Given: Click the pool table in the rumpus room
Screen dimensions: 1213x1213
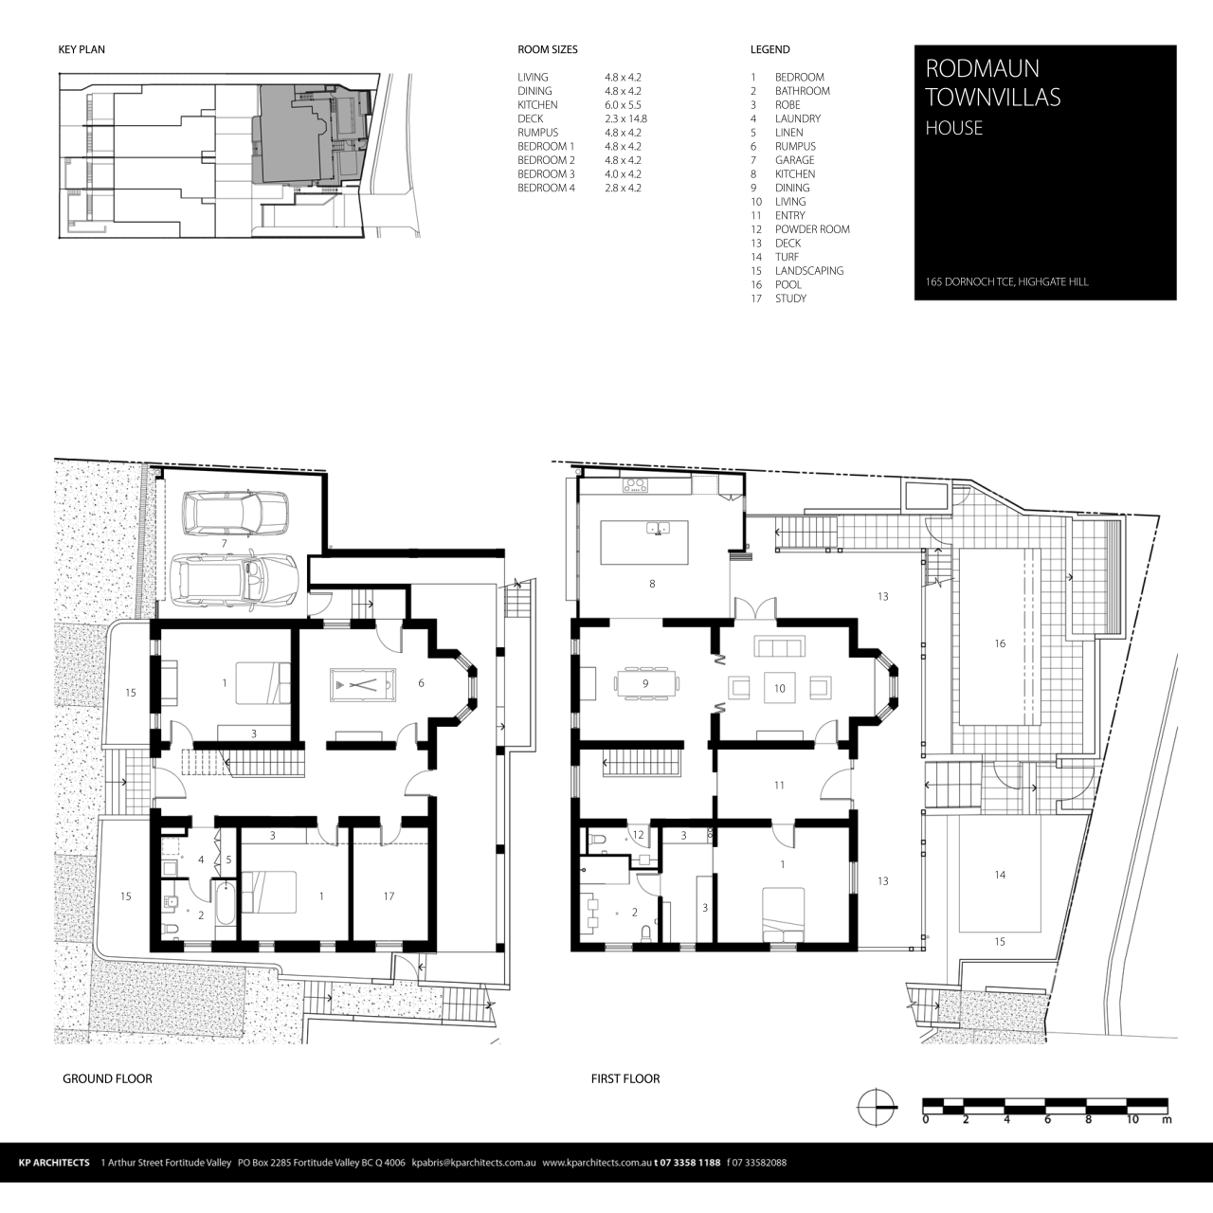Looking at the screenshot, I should point(360,683).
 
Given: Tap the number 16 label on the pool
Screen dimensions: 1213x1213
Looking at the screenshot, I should point(1000,643).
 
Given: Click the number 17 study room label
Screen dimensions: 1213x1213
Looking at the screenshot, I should point(389,896).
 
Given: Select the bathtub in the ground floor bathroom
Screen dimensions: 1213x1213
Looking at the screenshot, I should point(225,904).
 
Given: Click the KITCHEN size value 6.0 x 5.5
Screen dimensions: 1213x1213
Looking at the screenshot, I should point(623,105).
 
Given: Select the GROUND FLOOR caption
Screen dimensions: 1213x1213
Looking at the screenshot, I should point(107,1078).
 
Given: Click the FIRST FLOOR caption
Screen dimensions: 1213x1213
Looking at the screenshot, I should point(625,1078).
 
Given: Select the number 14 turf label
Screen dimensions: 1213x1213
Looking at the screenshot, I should point(1000,875).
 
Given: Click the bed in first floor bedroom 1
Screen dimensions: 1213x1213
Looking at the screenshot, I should point(784,915).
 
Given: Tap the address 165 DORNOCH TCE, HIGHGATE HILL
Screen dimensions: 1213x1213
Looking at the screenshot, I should point(1007,282).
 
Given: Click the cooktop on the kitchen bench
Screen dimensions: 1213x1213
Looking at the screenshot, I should point(635,485).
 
